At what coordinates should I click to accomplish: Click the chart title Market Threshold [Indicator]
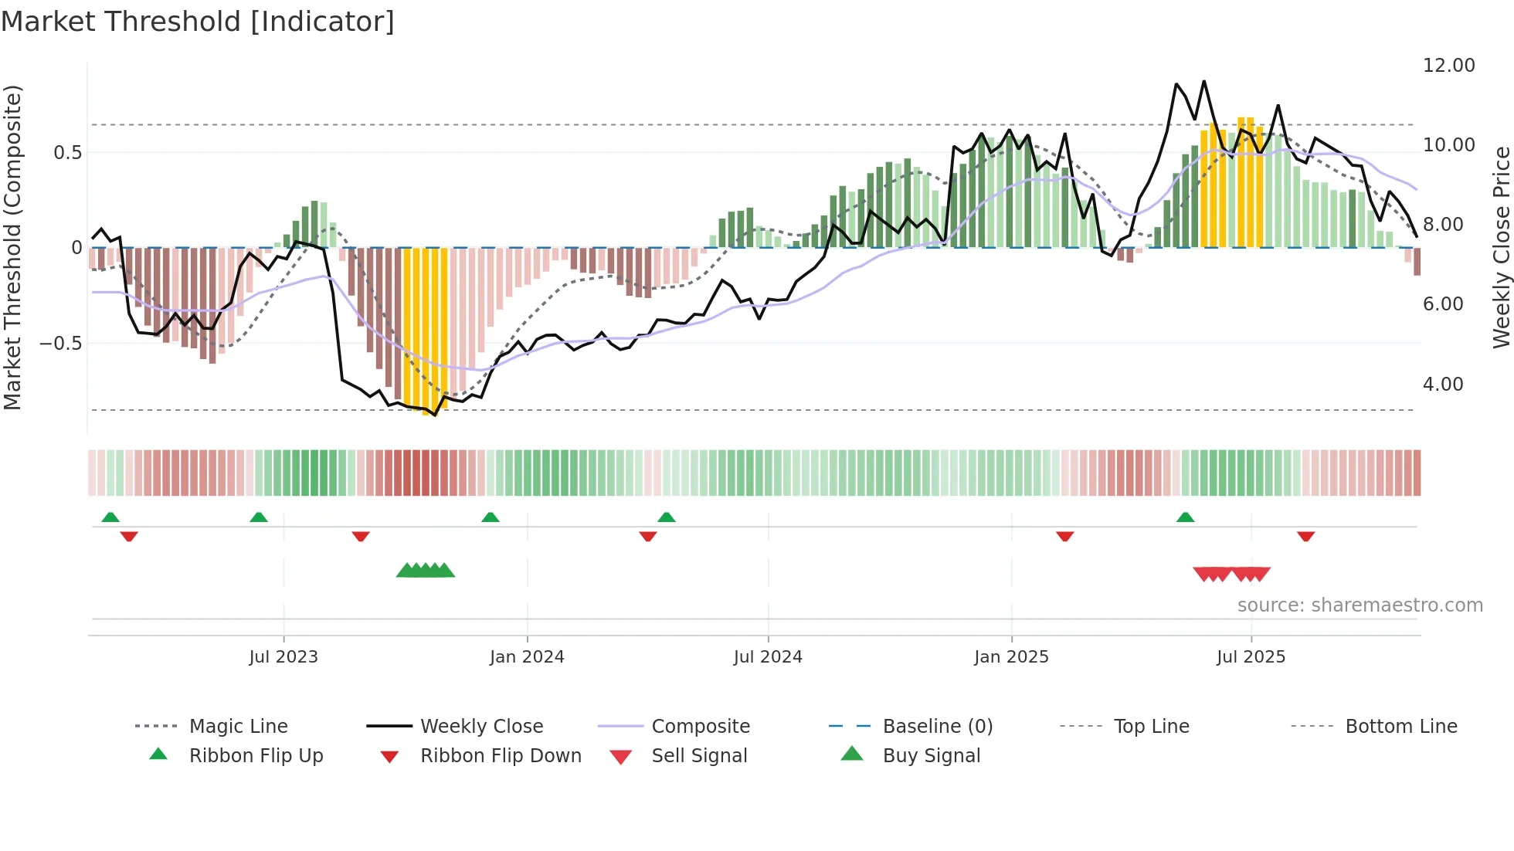(198, 22)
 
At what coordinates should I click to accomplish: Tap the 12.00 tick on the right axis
(1448, 66)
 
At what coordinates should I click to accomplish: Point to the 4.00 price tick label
(1442, 384)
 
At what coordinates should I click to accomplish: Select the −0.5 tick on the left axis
(60, 343)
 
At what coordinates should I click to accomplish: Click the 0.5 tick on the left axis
(67, 152)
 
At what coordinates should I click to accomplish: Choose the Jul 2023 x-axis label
(283, 657)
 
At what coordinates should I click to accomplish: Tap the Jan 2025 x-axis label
(1011, 657)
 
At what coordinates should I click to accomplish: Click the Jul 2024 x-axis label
(768, 657)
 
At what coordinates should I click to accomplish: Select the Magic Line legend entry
(238, 727)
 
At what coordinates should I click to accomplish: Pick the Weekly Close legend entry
(481, 727)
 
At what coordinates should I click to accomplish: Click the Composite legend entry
(701, 727)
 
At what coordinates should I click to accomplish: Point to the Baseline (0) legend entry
(937, 727)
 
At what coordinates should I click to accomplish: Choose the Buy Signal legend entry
(931, 756)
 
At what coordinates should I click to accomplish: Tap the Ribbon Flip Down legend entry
(501, 756)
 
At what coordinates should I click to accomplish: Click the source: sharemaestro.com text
(1360, 605)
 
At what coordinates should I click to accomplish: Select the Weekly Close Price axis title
(1501, 247)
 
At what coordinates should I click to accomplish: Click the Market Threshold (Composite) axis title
(12, 247)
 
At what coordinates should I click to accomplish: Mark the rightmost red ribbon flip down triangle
(1305, 537)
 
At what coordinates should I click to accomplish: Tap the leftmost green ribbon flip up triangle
(110, 517)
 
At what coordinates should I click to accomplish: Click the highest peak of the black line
(1203, 81)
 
